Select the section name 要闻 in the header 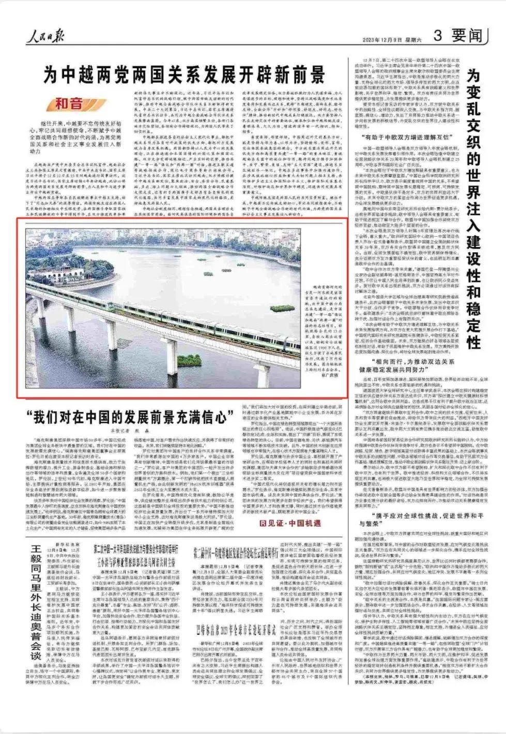click(467, 35)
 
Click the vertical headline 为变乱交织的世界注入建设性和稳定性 click(473, 207)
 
